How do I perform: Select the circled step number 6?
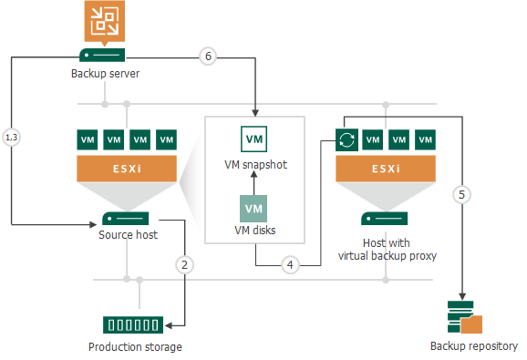208,57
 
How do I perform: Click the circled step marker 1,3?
12,138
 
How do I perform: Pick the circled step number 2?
184,265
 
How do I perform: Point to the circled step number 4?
290,265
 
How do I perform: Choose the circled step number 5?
463,194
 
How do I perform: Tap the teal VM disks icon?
254,209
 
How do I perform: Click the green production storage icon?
128,324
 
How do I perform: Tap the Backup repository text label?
473,346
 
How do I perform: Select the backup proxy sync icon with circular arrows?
346,140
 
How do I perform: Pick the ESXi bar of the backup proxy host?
386,168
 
